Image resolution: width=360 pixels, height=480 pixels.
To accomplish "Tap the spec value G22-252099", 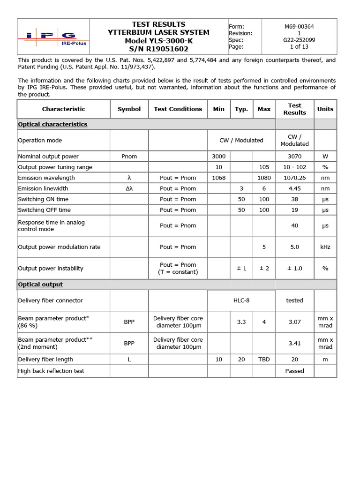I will pos(299,40).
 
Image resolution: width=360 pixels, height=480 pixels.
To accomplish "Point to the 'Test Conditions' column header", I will pos(178,109).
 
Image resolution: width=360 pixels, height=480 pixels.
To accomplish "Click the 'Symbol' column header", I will pos(129,109).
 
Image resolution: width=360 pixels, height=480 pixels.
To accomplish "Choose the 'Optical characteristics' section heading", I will pos(52,124).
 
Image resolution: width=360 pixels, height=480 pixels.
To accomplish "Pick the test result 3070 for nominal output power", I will pos(294,156).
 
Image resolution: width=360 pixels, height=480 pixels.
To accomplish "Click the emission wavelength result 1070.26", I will pos(294,178).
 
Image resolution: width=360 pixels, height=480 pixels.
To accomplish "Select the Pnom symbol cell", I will pos(129,156).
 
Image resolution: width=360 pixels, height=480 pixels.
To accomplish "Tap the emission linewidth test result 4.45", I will pos(294,188).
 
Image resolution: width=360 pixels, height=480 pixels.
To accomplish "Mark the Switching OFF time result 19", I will pos(294,210).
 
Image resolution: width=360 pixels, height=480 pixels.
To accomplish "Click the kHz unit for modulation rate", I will pos(325,247).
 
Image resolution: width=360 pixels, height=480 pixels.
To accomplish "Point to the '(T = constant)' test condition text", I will pos(178,272).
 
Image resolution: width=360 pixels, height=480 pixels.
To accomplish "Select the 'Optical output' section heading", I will pos(40,285).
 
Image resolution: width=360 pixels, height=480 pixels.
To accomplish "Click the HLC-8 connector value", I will pos(241,300).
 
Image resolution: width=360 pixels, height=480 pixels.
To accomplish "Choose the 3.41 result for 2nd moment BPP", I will pos(294,343).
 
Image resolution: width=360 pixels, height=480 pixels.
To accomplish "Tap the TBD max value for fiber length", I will pos(264,360).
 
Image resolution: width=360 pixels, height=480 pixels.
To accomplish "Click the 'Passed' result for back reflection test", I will pos(294,371).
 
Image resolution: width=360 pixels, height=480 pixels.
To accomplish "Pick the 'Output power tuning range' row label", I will pos(55,167).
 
